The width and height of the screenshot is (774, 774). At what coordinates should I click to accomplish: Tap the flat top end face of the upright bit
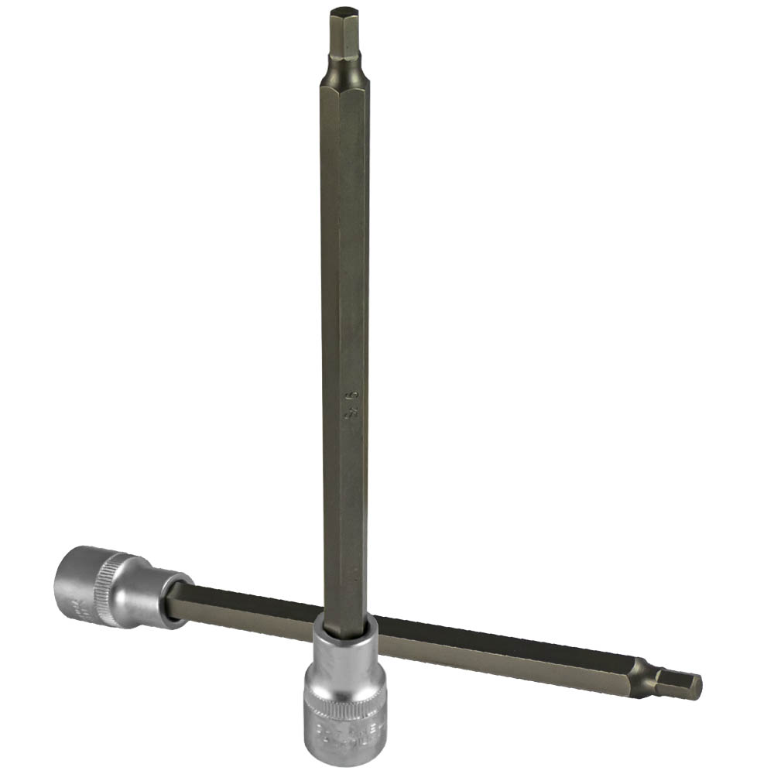341,11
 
